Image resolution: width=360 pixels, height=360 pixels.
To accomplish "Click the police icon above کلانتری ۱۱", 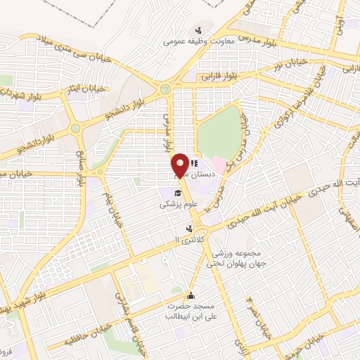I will (189, 229).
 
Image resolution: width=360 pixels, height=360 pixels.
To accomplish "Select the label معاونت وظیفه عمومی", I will (199, 41).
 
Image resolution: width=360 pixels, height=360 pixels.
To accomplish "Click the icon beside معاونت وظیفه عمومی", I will (199, 30).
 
